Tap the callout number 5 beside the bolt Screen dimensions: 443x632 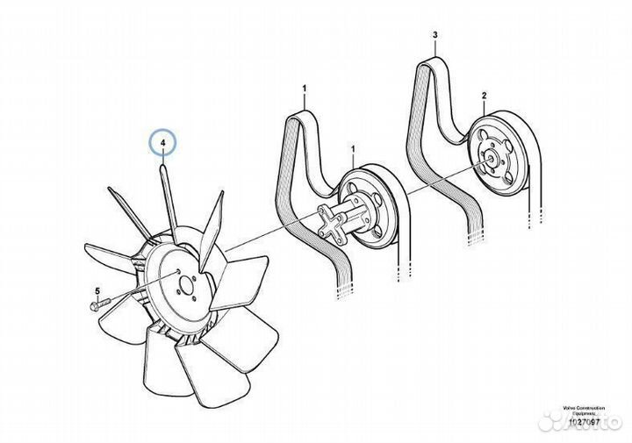coord(97,290)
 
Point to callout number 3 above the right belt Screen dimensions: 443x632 coord(434,35)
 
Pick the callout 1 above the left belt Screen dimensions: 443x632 coord(305,89)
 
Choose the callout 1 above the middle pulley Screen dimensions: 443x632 coord(352,149)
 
